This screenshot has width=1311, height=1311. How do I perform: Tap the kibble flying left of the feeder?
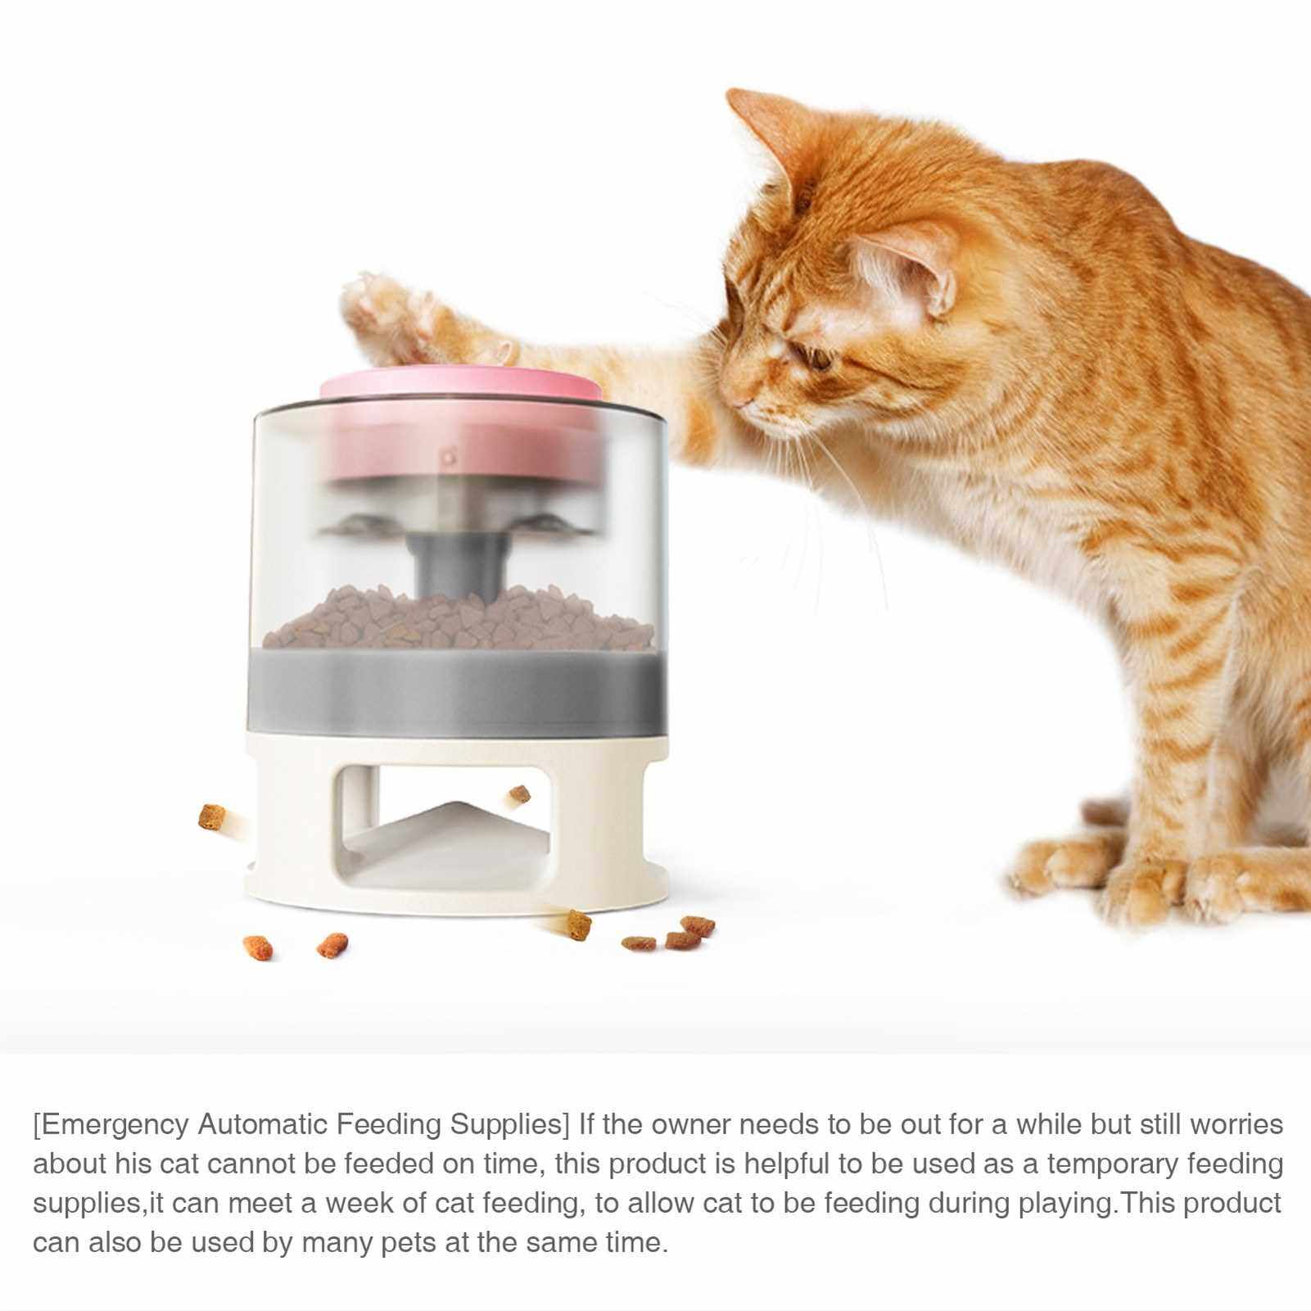click(211, 816)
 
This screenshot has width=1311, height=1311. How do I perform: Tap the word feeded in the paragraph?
click(385, 1163)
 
